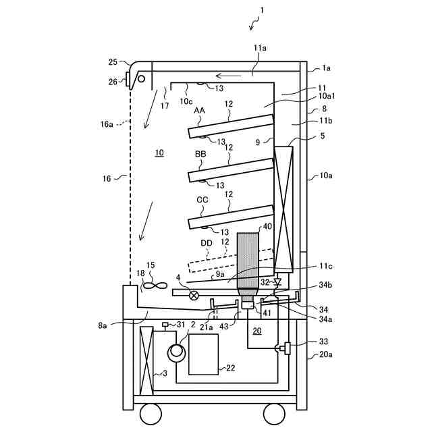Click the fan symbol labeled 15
(153, 286)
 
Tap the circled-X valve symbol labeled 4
(194, 295)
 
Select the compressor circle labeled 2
(177, 351)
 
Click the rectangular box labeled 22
(203, 353)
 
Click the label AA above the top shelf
(200, 110)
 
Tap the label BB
(201, 155)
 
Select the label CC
(202, 200)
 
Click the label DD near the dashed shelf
(207, 243)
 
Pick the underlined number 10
(159, 153)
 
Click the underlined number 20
(256, 331)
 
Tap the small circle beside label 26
(142, 79)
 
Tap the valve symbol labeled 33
(286, 349)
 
